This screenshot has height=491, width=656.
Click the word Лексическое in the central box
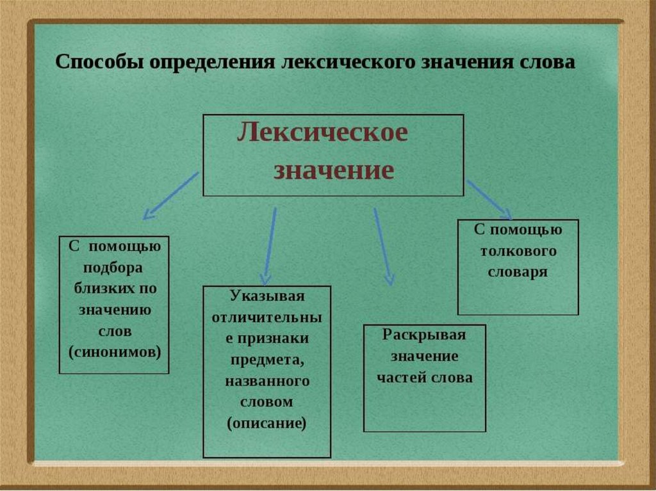[322, 134]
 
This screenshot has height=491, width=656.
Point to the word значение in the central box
[333, 171]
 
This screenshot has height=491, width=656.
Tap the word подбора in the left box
[113, 267]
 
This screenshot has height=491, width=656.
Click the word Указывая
[266, 296]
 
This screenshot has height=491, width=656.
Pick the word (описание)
[267, 423]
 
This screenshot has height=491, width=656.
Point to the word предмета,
[267, 360]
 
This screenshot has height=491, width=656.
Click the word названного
[267, 381]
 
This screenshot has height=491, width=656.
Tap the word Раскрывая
[424, 335]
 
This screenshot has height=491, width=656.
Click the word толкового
[518, 250]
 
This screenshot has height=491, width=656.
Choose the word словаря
[518, 271]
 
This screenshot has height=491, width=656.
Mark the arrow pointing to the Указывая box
[270, 246]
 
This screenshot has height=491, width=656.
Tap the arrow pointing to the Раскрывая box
[383, 246]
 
